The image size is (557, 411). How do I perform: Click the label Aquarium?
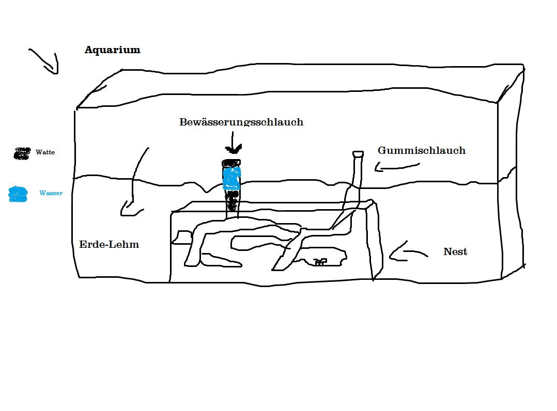click(112, 50)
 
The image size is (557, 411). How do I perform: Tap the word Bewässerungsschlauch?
click(241, 122)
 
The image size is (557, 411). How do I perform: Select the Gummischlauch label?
click(421, 151)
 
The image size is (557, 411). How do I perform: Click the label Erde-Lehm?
click(109, 244)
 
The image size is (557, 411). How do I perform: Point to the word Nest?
click(455, 252)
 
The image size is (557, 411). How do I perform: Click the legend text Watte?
click(45, 152)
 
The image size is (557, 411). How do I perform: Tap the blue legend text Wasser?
click(51, 193)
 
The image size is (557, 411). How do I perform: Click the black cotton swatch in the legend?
click(22, 153)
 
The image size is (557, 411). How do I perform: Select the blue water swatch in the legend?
click(19, 194)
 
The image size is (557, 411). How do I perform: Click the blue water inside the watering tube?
click(231, 178)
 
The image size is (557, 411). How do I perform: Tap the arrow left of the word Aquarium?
click(45, 61)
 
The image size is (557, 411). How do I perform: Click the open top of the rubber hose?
click(358, 154)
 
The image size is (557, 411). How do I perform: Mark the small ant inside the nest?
click(320, 262)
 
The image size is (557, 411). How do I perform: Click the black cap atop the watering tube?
click(231, 163)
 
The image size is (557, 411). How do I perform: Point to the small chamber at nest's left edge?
click(182, 238)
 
